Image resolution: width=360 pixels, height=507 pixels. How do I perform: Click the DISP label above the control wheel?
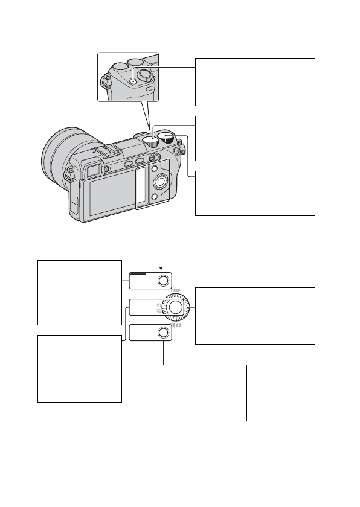[x=175, y=291]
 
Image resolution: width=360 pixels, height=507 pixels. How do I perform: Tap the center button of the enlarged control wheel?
[x=176, y=307]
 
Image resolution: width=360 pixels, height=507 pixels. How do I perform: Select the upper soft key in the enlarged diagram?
[x=163, y=280]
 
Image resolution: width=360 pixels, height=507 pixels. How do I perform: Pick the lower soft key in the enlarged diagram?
[x=164, y=333]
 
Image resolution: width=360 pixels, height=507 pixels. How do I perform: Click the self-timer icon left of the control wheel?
[x=159, y=305]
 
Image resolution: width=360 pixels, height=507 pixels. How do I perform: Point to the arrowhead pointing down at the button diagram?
[x=161, y=269]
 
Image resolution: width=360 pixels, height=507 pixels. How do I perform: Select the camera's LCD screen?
[x=112, y=196]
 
